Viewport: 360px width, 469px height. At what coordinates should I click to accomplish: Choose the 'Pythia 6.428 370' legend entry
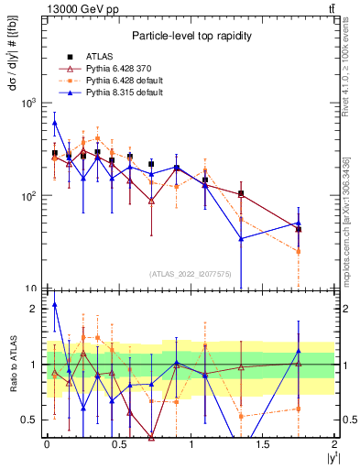pyautogui.click(x=115, y=68)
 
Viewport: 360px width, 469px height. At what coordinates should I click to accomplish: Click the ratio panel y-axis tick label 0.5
pyautogui.click(x=31, y=420)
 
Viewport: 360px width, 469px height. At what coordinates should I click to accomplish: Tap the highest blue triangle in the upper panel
pyautogui.click(x=55, y=122)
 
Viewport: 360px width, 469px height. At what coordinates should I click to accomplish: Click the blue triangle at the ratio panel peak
pyautogui.click(x=55, y=304)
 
